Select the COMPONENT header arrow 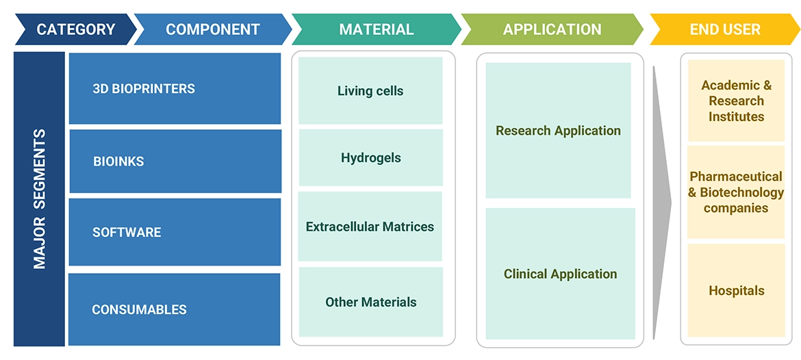(x=213, y=29)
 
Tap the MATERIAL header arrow (x=376, y=29)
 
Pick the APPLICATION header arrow (x=552, y=29)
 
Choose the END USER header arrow (x=725, y=29)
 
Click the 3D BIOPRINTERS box (x=175, y=89)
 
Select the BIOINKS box (x=175, y=162)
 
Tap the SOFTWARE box (x=175, y=232)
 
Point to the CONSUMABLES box (x=175, y=309)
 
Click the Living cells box (x=370, y=91)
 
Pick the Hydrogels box (x=370, y=158)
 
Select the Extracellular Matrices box (x=370, y=227)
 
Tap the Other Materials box (x=370, y=302)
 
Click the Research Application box (x=558, y=131)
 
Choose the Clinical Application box (x=560, y=274)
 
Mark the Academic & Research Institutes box (x=736, y=101)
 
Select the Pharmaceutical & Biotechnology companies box (x=736, y=192)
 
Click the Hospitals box (x=736, y=291)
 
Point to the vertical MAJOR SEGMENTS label (x=39, y=198)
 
